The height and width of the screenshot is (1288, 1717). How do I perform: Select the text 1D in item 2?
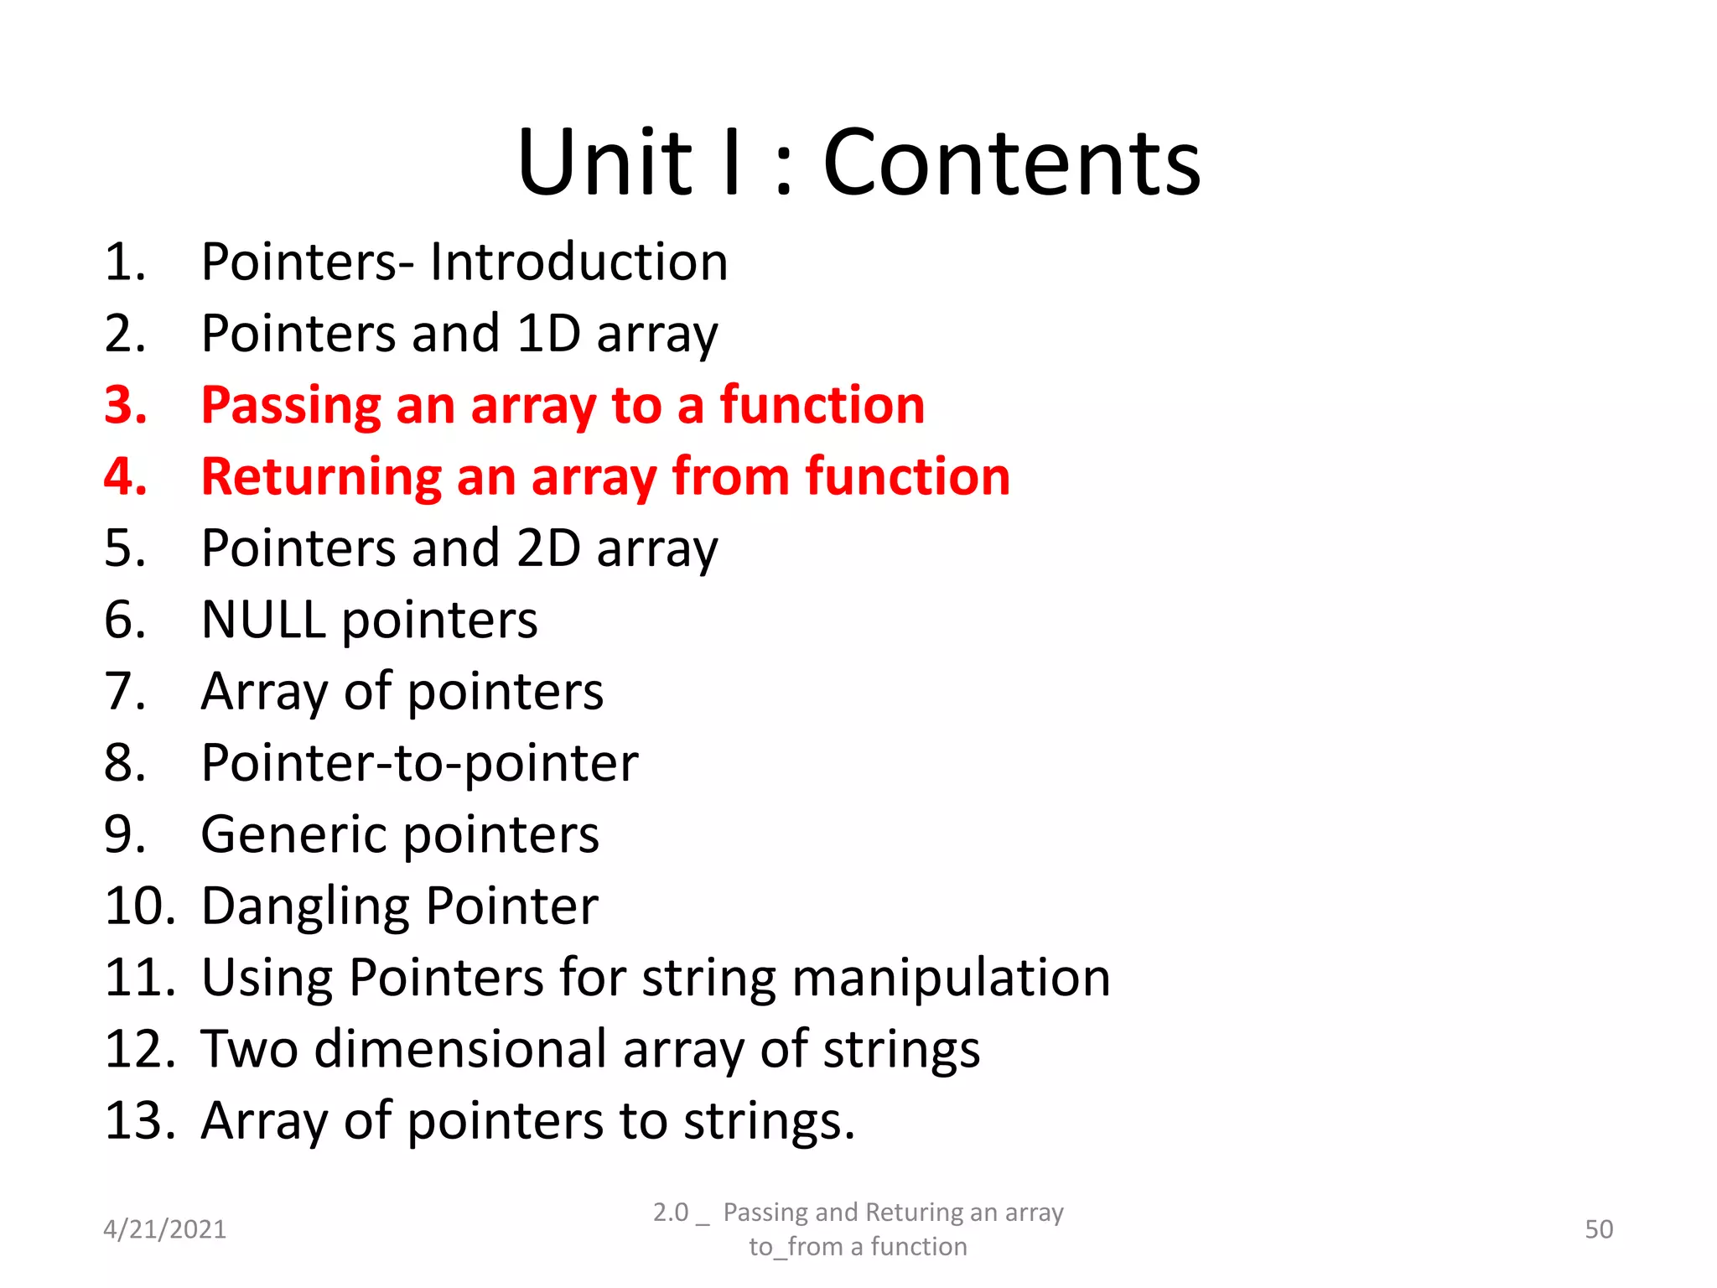548,334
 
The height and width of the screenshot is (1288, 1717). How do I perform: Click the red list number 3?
126,405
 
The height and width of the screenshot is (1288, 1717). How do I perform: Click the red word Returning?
320,477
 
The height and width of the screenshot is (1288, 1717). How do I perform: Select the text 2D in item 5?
548,548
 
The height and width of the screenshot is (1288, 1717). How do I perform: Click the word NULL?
263,621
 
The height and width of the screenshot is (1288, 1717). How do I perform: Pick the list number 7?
125,692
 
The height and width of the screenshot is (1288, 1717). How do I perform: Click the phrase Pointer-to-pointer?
419,764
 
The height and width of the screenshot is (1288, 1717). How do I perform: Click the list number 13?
139,1121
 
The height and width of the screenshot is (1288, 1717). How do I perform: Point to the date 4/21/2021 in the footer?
164,1229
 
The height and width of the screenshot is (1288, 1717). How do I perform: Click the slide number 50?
1599,1229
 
